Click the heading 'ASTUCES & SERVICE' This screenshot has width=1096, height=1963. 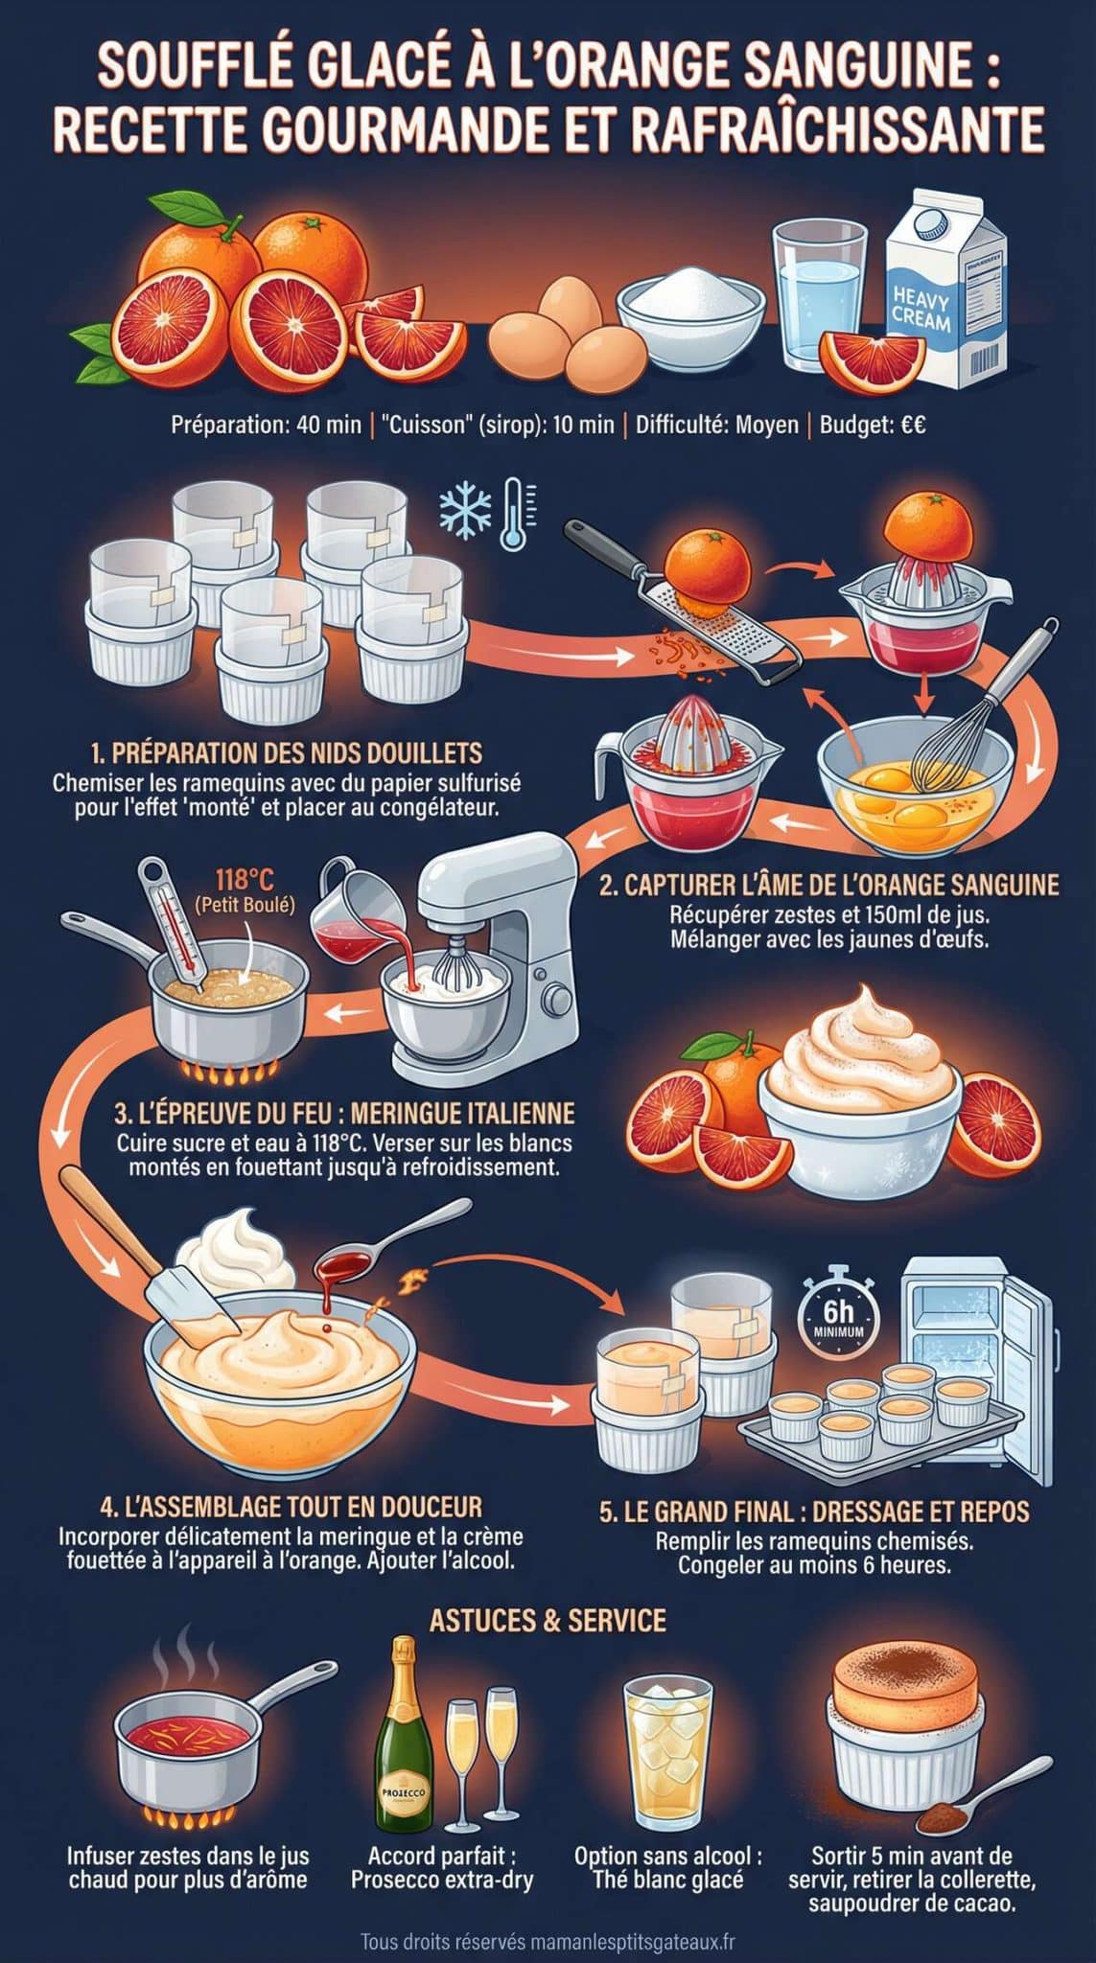coord(548,1621)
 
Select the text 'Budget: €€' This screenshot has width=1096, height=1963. coord(872,424)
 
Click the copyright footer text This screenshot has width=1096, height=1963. coord(548,1942)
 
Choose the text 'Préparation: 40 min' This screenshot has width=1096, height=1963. coord(266,424)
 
